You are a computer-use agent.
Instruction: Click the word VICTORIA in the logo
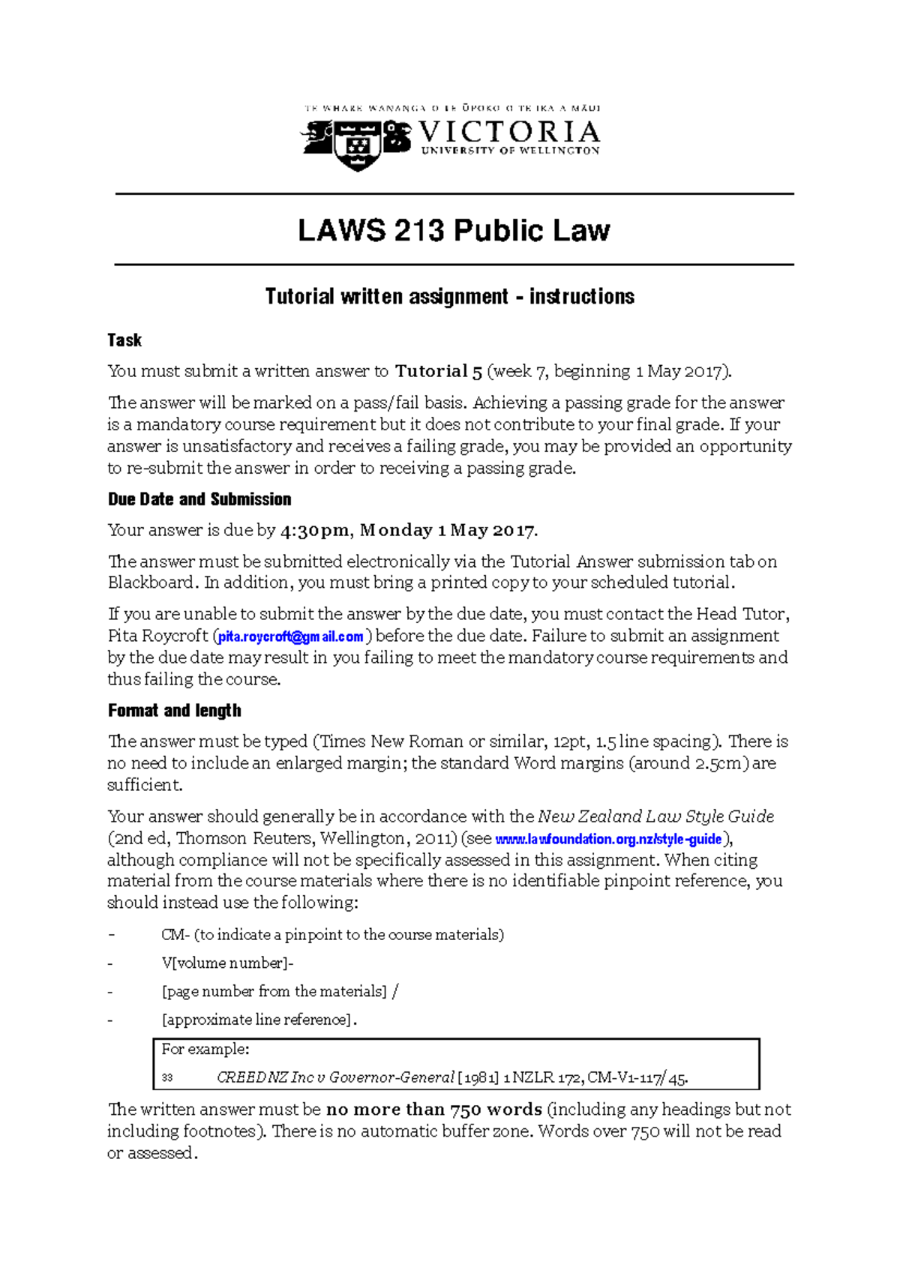(x=509, y=133)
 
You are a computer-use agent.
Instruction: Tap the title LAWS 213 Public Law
(x=454, y=230)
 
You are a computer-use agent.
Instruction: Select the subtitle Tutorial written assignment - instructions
(x=449, y=297)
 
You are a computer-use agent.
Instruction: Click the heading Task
(x=124, y=340)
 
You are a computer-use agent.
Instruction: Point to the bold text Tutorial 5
(x=438, y=371)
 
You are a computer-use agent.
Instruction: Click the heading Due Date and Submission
(x=199, y=499)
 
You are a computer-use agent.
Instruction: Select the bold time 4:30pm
(x=314, y=531)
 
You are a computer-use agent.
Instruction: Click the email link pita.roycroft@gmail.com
(x=290, y=636)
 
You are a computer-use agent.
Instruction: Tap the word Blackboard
(x=151, y=583)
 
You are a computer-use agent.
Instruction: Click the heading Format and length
(x=175, y=711)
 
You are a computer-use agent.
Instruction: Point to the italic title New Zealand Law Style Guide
(x=655, y=816)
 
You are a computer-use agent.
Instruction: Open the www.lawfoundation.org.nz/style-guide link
(x=608, y=839)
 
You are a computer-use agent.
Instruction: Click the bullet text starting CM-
(x=332, y=935)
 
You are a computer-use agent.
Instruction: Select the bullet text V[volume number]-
(x=227, y=963)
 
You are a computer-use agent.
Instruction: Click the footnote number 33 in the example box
(x=167, y=1079)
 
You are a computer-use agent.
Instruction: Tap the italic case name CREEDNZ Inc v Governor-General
(x=335, y=1078)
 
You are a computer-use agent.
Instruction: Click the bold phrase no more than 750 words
(x=433, y=1110)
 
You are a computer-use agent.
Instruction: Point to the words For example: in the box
(x=205, y=1050)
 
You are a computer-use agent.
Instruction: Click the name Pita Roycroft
(x=157, y=636)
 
